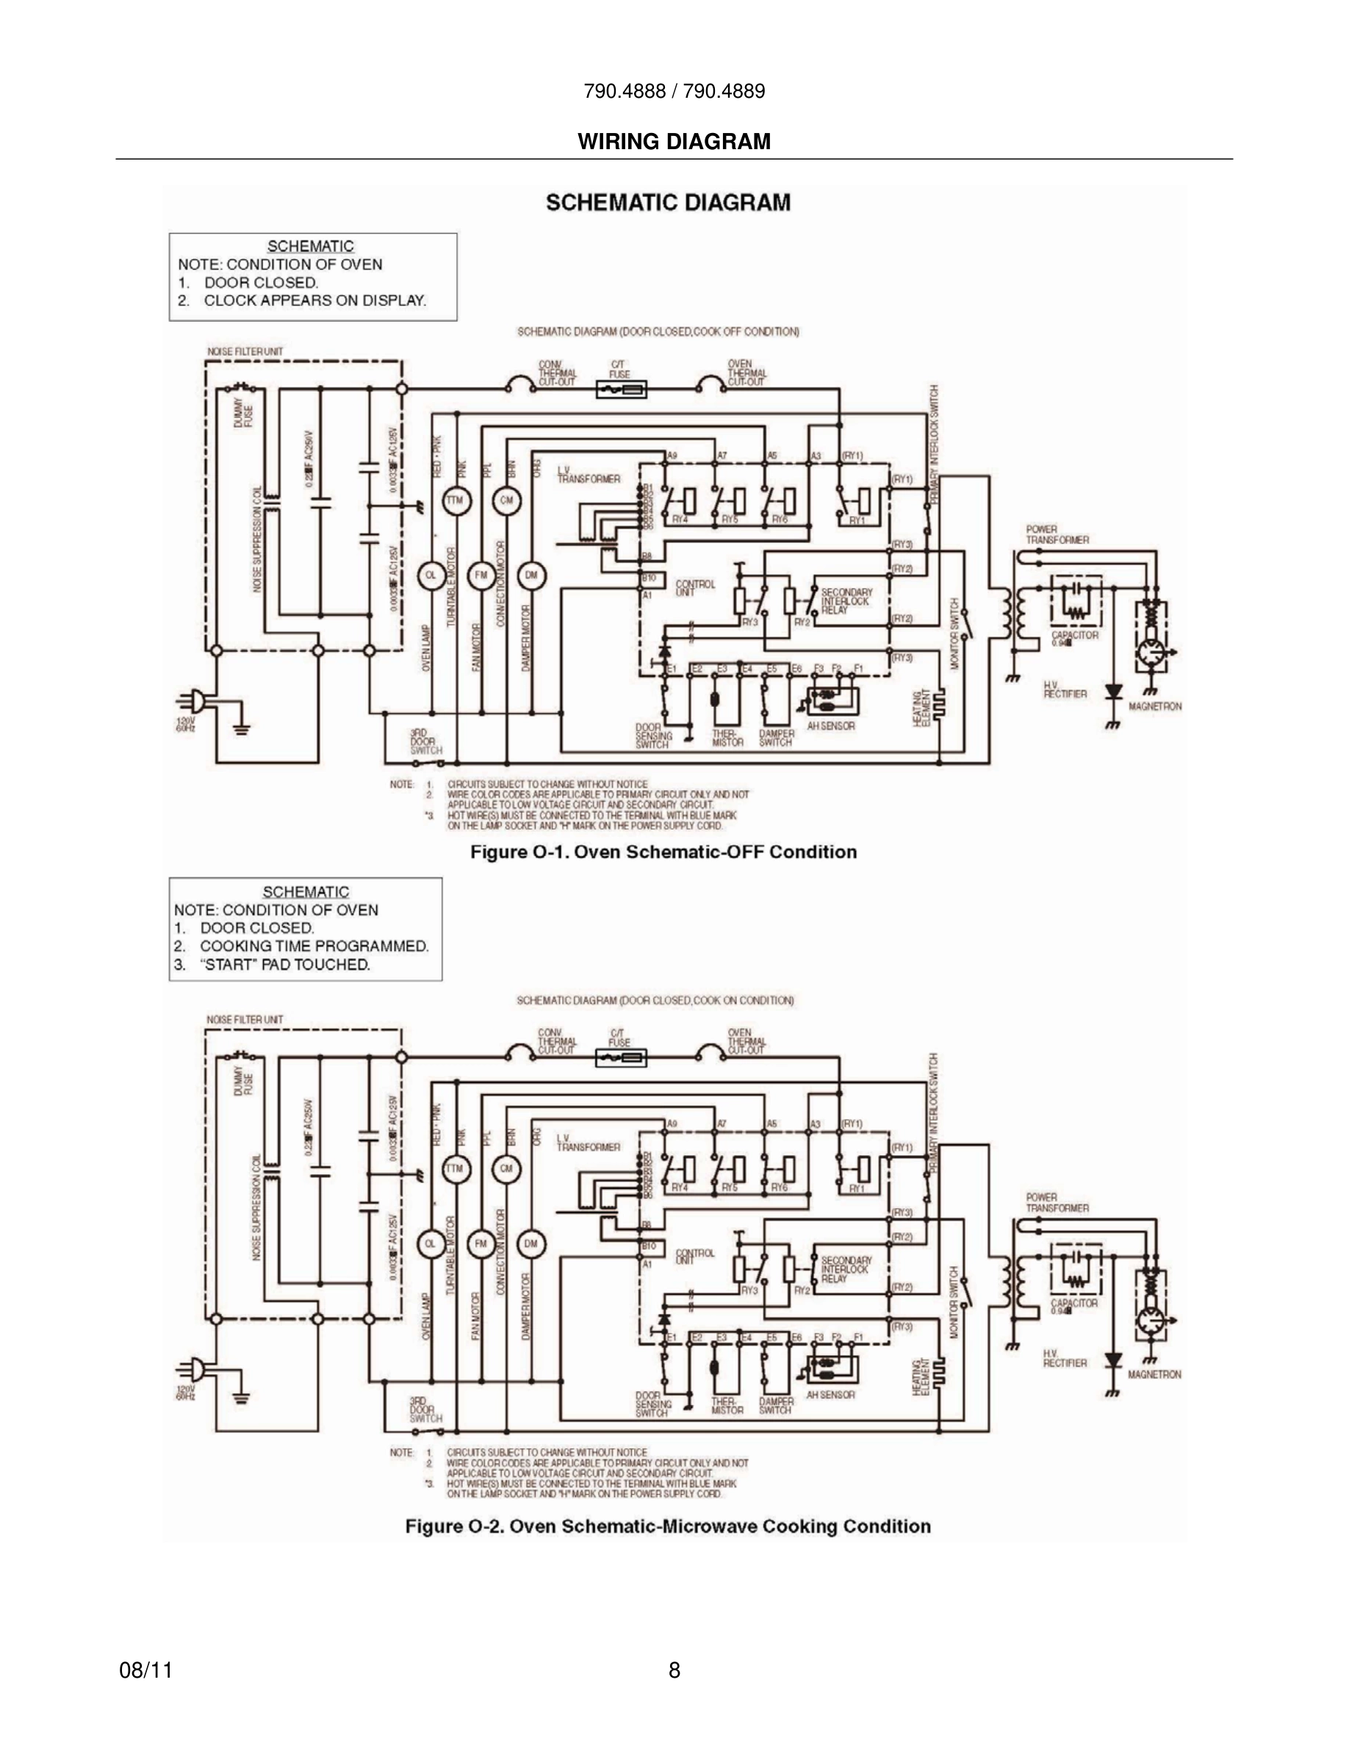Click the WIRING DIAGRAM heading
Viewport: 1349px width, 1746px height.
click(x=674, y=142)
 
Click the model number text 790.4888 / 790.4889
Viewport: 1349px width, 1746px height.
click(x=674, y=91)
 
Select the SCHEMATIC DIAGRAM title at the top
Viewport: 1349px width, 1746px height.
click(x=668, y=202)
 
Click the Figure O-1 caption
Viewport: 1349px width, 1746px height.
click(x=663, y=852)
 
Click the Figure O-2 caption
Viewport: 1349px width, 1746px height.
click(x=667, y=1526)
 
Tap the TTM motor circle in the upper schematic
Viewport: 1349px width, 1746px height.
click(x=456, y=501)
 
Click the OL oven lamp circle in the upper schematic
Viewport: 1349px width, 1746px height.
click(x=431, y=575)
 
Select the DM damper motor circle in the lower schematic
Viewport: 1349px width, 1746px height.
click(x=530, y=1244)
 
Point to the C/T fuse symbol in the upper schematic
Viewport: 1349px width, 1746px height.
click(x=621, y=389)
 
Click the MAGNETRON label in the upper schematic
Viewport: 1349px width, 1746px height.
click(x=1155, y=707)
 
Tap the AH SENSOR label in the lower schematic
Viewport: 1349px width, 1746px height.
click(x=830, y=1394)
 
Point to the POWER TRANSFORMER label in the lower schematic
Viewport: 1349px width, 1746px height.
click(x=1057, y=1203)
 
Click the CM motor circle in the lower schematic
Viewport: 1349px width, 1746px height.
click(x=506, y=1169)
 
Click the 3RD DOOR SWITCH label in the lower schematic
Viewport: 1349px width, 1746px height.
click(x=425, y=1409)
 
